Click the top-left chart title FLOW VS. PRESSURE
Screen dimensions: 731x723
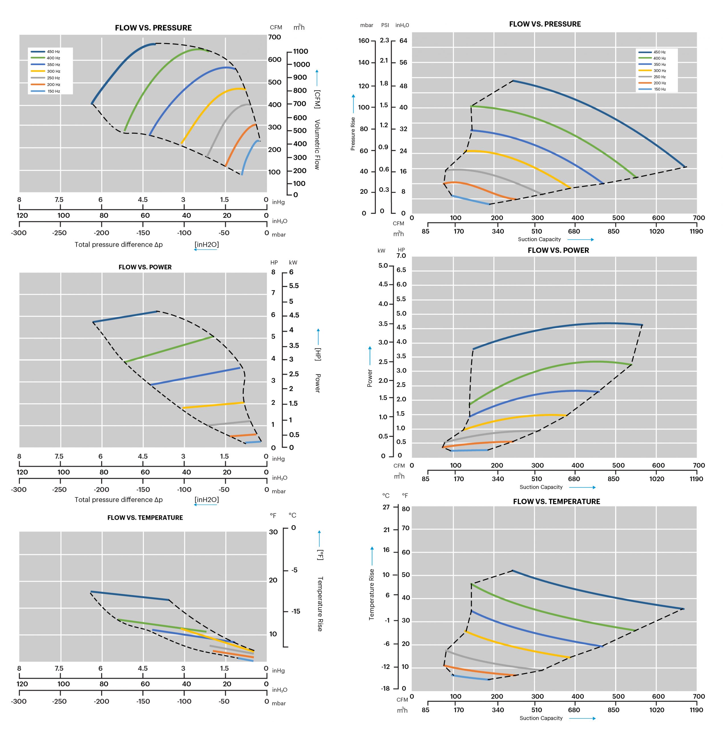click(153, 28)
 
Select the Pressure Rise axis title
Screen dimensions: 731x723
click(353, 134)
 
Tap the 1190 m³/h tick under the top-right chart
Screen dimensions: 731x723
click(696, 231)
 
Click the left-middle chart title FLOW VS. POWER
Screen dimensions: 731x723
click(145, 267)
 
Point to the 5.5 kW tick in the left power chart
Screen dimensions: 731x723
click(294, 286)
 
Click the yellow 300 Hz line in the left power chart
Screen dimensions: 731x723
click(214, 405)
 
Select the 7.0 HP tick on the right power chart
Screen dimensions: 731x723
click(401, 256)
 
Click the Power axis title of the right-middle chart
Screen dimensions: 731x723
click(370, 378)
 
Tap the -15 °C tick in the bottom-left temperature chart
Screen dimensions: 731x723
click(295, 611)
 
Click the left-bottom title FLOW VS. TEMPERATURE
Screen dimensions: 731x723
click(145, 518)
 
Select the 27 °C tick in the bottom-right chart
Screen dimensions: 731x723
click(386, 507)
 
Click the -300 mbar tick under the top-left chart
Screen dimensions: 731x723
click(19, 233)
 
